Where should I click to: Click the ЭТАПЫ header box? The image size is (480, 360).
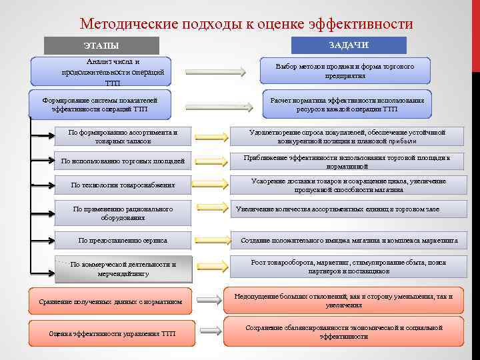pos(101,45)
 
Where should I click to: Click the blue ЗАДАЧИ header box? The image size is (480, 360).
pos(349,45)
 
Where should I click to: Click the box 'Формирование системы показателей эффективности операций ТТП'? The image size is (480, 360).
pos(99,103)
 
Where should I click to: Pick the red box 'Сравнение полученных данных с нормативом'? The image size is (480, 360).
pos(110,301)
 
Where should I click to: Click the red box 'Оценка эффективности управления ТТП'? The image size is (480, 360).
pos(111,333)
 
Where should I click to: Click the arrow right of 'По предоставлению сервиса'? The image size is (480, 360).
pos(211,240)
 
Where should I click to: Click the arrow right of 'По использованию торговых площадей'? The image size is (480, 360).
pos(211,161)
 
